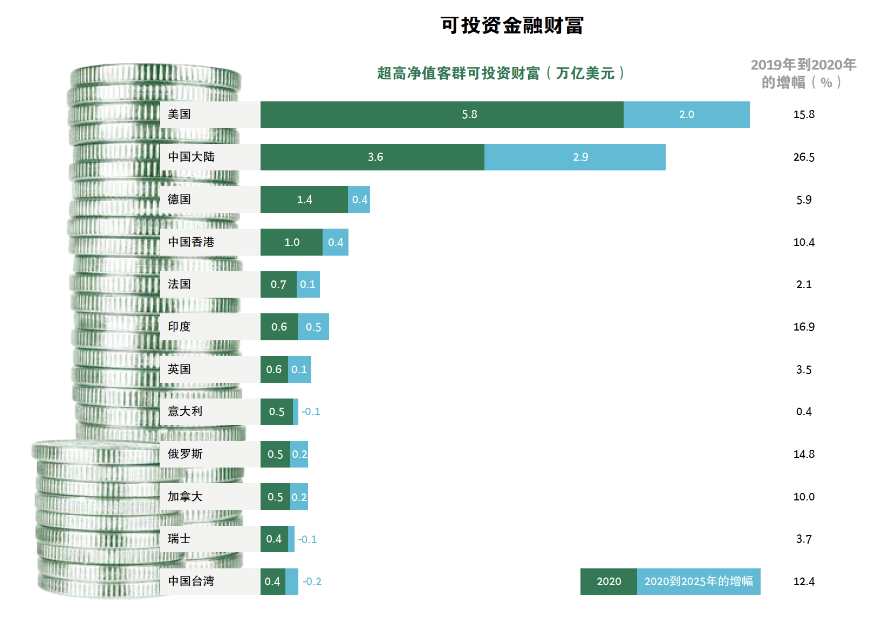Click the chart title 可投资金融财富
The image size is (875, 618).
click(512, 25)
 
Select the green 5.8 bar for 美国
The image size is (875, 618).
click(442, 114)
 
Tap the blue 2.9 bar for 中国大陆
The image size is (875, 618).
click(575, 157)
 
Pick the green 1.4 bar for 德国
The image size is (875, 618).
click(304, 200)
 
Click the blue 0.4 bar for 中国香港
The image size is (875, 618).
click(336, 242)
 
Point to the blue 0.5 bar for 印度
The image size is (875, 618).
click(313, 327)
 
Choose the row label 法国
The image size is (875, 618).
click(180, 284)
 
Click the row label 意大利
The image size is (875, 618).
click(185, 411)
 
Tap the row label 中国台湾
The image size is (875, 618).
click(191, 581)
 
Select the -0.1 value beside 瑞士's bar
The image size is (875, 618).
click(307, 539)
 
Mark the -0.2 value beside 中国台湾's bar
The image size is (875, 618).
click(312, 581)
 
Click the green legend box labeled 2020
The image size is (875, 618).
click(609, 581)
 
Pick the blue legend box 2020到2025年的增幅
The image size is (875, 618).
click(699, 581)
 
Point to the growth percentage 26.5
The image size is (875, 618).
click(804, 157)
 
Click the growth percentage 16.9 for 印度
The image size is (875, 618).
click(804, 327)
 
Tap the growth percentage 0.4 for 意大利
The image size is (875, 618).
click(804, 411)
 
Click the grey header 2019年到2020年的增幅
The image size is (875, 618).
click(803, 73)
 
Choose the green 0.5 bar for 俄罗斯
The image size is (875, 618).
click(275, 454)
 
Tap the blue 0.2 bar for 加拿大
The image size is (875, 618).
click(299, 497)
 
